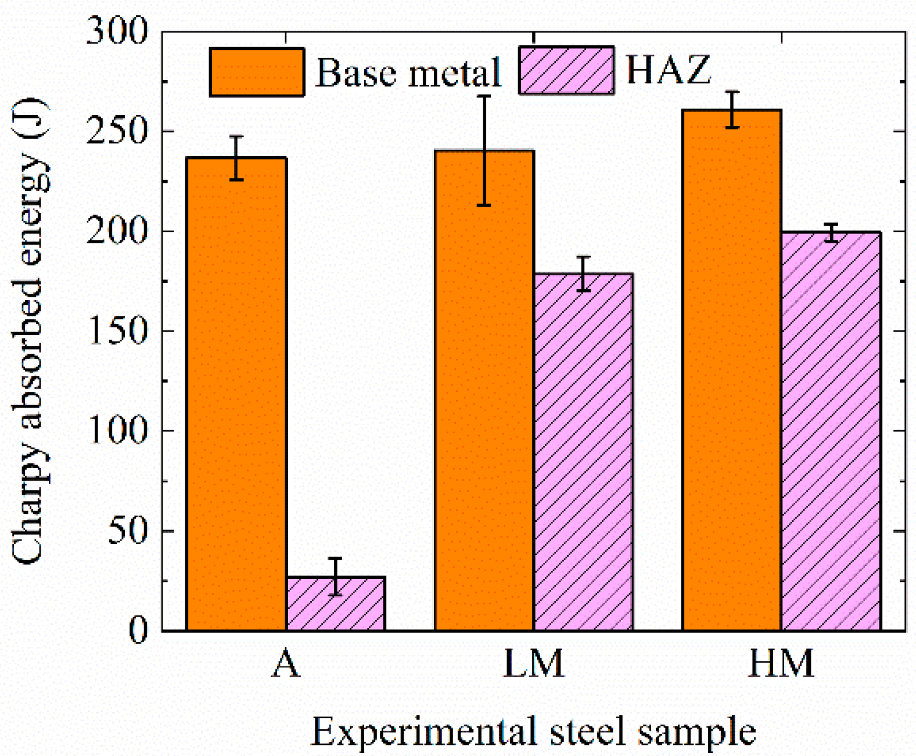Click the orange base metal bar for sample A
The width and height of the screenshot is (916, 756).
tap(236, 395)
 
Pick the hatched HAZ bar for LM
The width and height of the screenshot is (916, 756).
tap(583, 453)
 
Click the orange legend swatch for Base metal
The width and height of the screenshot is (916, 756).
tap(257, 72)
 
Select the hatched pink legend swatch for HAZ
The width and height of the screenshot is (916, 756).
tap(566, 71)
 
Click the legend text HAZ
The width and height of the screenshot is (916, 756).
tap(668, 70)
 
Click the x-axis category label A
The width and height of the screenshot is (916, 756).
tap(285, 664)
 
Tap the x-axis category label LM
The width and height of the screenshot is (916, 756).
tap(533, 664)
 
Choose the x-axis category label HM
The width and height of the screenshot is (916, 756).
tap(781, 664)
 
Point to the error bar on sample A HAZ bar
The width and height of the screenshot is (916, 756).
tap(336, 576)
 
